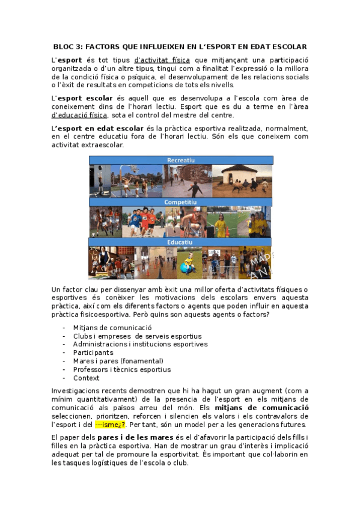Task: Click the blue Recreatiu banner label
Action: pyautogui.click(x=180, y=160)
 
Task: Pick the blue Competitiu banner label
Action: pyautogui.click(x=180, y=202)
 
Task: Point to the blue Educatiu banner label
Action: pyautogui.click(x=180, y=242)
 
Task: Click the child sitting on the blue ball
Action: pyautogui.click(x=187, y=265)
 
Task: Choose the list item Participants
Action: pyautogui.click(x=93, y=352)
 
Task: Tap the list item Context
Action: pyautogui.click(x=86, y=378)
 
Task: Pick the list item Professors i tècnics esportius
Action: pyautogui.click(x=121, y=369)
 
